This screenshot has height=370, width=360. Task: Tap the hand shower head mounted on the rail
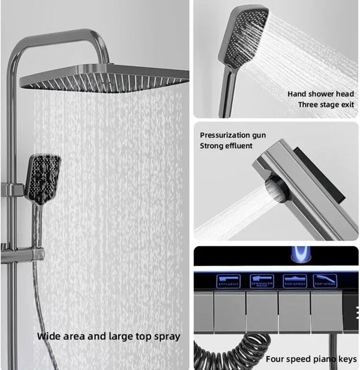tap(44, 177)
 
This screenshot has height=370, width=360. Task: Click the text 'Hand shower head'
tap(321, 94)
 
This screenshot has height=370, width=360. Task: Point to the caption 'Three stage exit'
tap(326, 105)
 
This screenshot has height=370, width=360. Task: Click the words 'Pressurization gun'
tap(233, 135)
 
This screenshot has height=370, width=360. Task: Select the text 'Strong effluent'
tap(226, 146)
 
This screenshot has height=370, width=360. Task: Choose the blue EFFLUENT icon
tap(228, 281)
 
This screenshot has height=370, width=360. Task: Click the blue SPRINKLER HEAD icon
tap(261, 281)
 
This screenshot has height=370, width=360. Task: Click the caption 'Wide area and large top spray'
tap(109, 336)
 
